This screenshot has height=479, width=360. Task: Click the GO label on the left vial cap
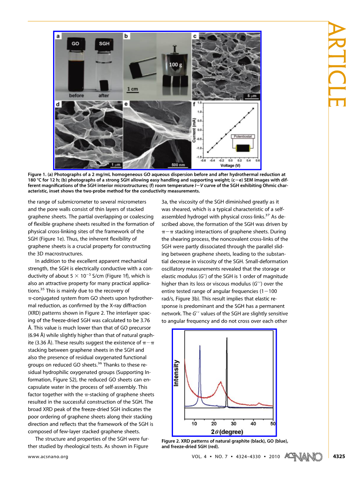pyautogui.click(x=75, y=44)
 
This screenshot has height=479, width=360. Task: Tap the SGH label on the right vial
pyautogui.click(x=104, y=44)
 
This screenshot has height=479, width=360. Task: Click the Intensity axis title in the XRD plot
pyautogui.click(x=176, y=373)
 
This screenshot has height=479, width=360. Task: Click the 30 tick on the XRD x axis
pyautogui.click(x=233, y=424)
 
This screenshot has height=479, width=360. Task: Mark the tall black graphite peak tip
pyautogui.click(x=227, y=338)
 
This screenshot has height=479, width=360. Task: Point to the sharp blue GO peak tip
pyautogui.click(x=200, y=346)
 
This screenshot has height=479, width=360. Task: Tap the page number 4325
pyautogui.click(x=339, y=457)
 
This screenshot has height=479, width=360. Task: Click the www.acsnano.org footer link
pyautogui.click(x=48, y=457)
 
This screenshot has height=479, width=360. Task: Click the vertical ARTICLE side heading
pyautogui.click(x=338, y=65)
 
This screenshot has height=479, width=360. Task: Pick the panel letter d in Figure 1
pyautogui.click(x=58, y=105)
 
